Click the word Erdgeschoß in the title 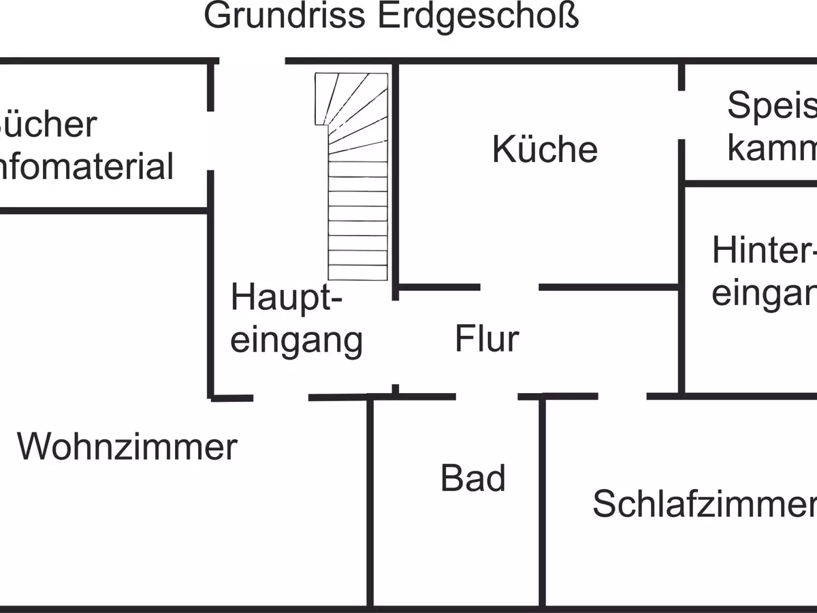click(477, 16)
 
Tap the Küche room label click(545, 149)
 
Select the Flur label click(487, 339)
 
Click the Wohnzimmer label click(127, 447)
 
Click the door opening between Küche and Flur click(509, 287)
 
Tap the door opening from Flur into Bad click(486, 396)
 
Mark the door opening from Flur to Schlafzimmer click(622, 396)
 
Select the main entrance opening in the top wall click(252, 61)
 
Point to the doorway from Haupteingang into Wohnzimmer click(281, 397)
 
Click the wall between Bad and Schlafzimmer click(543, 504)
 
